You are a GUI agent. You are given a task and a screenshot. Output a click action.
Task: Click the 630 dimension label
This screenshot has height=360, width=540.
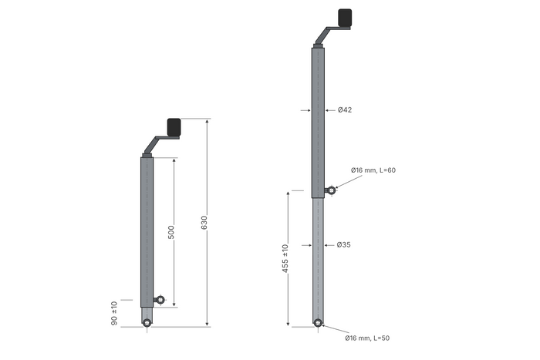click(x=204, y=223)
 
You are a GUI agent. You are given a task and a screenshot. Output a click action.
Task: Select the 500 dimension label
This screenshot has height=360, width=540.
click(x=170, y=232)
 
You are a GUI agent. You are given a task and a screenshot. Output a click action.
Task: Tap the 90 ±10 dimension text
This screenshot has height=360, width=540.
click(x=114, y=313)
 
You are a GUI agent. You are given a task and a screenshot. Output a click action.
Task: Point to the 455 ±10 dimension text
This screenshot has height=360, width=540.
click(x=285, y=258)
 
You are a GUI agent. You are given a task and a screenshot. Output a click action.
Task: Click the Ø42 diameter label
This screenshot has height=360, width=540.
click(x=345, y=109)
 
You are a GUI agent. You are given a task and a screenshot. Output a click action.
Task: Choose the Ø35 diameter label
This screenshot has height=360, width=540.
click(x=344, y=244)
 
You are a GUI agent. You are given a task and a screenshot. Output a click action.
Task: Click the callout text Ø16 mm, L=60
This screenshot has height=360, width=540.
click(x=373, y=170)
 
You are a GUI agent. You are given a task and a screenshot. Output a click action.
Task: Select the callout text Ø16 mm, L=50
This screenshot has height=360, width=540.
click(x=367, y=338)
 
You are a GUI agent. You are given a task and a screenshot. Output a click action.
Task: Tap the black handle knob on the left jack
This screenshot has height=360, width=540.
click(x=174, y=127)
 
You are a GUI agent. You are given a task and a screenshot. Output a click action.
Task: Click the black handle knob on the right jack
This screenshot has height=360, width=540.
click(x=345, y=18)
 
